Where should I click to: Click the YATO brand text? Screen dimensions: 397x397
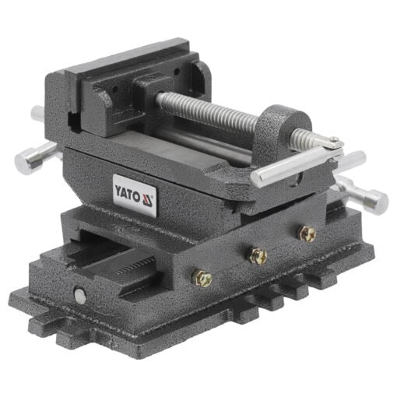point(128,189)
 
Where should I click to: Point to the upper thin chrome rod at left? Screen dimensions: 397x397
point(40,114)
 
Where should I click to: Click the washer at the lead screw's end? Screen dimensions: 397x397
point(332,142)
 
